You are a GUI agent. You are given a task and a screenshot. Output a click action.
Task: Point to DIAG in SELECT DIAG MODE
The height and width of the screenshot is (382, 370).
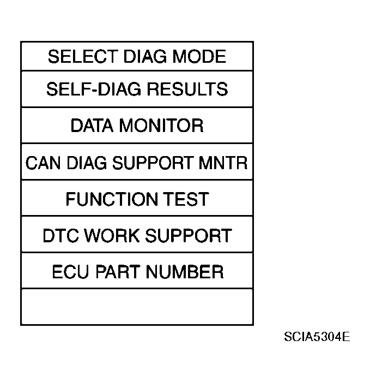(x=145, y=57)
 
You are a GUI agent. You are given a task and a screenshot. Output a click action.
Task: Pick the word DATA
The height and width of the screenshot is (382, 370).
(x=92, y=126)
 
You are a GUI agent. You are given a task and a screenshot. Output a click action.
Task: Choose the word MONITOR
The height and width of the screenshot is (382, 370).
(x=161, y=126)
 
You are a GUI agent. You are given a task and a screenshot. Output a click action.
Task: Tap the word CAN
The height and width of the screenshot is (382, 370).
(x=43, y=163)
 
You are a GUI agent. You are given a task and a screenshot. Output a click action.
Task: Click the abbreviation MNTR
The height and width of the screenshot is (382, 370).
(x=223, y=163)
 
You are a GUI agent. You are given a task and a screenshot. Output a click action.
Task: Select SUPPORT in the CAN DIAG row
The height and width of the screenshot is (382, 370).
(x=153, y=163)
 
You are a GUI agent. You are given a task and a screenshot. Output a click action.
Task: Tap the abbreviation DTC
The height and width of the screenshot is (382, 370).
(x=61, y=236)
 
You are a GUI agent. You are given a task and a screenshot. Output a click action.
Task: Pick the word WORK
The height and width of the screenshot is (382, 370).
(x=112, y=236)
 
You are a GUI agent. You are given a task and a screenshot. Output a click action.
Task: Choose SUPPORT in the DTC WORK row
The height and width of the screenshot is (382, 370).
(x=189, y=236)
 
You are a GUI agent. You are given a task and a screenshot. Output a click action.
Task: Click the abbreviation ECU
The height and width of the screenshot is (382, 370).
(x=70, y=272)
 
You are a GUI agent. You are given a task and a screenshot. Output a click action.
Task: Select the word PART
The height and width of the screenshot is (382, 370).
(x=118, y=272)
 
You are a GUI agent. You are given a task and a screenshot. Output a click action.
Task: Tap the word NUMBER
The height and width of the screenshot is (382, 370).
(x=185, y=272)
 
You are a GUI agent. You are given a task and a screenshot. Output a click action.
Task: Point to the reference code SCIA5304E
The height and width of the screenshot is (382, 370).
(x=317, y=337)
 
